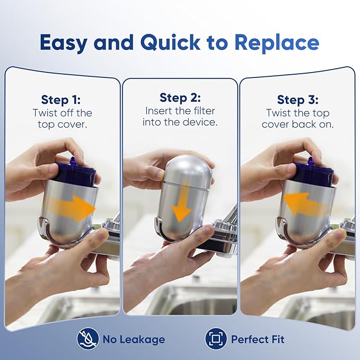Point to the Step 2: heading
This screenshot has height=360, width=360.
coord(180,98)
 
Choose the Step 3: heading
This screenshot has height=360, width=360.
coord(297,100)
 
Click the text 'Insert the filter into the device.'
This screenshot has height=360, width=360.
coord(180,117)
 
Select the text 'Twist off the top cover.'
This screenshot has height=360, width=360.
coord(62,119)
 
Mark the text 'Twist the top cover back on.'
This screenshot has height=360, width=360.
coord(297,119)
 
